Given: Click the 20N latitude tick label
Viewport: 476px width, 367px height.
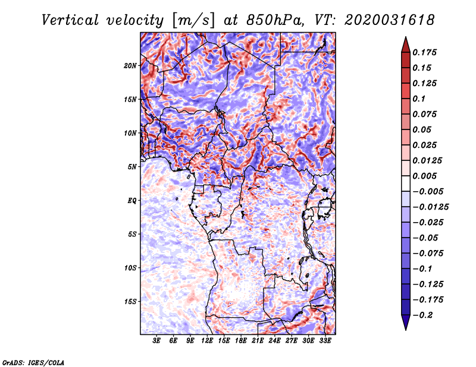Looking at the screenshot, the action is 130,66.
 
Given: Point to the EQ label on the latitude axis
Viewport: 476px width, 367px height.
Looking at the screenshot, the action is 132,201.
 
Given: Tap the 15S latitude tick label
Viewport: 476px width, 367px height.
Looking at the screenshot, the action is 130,302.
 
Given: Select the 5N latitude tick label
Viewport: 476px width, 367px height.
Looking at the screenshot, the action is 132,167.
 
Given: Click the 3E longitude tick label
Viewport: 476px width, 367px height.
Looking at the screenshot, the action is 156,341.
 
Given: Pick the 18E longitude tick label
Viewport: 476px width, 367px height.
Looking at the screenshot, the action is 241,341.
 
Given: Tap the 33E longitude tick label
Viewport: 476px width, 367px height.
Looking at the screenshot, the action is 325,341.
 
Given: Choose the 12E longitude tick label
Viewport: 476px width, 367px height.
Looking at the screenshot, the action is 207,341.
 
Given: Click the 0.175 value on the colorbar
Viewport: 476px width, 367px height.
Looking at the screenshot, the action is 424,52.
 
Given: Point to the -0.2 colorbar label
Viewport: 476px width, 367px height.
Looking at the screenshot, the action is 422,315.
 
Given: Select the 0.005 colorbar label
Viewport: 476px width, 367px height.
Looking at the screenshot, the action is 424,176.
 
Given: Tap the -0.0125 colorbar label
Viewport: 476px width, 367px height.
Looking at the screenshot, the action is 431,207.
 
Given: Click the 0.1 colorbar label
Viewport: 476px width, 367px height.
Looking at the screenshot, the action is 419,99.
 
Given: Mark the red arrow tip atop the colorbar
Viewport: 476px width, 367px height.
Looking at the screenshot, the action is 406,37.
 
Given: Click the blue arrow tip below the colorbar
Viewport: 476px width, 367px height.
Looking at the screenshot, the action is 406,330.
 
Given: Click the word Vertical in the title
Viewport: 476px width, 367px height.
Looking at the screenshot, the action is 70,20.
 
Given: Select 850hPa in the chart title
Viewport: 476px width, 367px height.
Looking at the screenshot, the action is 275,20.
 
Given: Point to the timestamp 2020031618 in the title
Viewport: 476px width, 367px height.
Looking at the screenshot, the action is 390,20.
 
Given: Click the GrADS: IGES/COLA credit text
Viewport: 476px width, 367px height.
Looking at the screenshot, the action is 33,362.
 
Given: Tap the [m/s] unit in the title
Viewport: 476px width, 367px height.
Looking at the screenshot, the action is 194,20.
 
